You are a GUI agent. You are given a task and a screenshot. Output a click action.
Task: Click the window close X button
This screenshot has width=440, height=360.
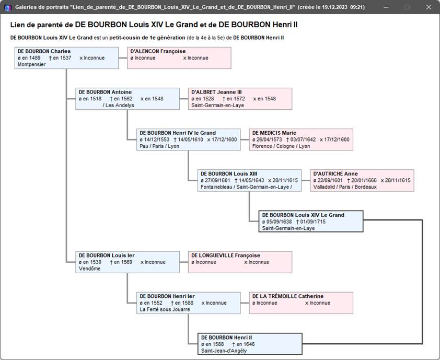click(x=429, y=7)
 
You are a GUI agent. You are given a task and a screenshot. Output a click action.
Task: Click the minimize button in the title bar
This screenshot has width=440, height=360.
click(x=386, y=7)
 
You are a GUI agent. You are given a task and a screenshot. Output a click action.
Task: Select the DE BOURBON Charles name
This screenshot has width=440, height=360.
click(x=44, y=51)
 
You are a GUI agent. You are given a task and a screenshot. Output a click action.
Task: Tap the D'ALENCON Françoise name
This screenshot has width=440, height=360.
click(x=158, y=51)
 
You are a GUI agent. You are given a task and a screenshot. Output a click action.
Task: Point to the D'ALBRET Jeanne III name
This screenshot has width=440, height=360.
click(x=216, y=92)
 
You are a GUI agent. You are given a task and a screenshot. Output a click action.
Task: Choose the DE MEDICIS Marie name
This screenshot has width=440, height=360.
click(x=274, y=133)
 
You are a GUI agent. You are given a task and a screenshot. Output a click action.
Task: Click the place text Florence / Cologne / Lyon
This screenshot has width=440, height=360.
click(x=281, y=146)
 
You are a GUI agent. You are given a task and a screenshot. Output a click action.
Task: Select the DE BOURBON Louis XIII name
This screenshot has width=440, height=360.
click(x=229, y=173)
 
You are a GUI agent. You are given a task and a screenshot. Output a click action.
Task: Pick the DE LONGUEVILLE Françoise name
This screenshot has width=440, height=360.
click(x=226, y=256)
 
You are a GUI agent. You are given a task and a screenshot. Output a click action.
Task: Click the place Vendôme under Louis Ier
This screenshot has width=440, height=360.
click(x=89, y=269)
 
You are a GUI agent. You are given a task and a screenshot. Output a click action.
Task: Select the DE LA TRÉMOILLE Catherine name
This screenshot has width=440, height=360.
click(x=288, y=296)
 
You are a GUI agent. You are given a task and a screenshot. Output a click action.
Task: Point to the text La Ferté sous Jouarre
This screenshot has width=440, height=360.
click(x=165, y=309)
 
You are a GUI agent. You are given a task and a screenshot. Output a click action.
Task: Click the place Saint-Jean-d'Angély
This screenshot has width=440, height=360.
click(x=224, y=351)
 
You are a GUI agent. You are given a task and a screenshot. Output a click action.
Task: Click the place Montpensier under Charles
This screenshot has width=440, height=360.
click(x=31, y=65)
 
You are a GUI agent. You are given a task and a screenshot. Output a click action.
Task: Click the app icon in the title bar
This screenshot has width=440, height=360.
click(x=7, y=7)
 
